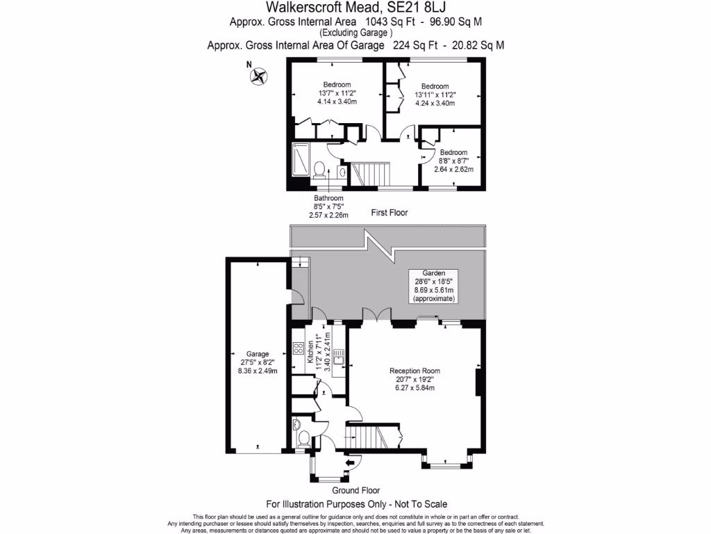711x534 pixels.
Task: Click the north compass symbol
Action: pyautogui.click(x=260, y=76)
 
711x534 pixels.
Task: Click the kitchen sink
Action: pyautogui.click(x=338, y=358)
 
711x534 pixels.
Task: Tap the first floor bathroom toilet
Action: pyautogui.click(x=320, y=169)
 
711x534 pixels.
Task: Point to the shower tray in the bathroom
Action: pyautogui.click(x=302, y=161)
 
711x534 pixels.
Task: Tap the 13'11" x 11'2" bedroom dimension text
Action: pyautogui.click(x=435, y=95)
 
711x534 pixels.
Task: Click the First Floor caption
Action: pyautogui.click(x=384, y=213)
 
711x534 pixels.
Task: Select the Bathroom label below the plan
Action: pyautogui.click(x=328, y=198)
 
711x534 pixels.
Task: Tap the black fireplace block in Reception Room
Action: pyautogui.click(x=478, y=383)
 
